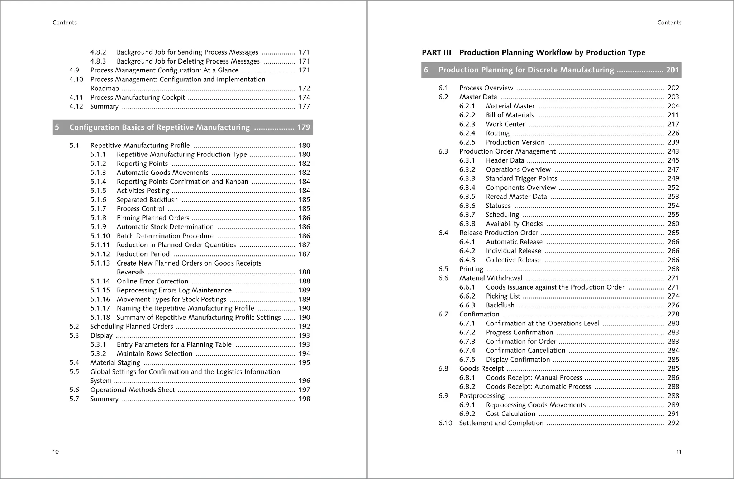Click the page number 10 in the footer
click(x=56, y=452)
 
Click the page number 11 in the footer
click(x=678, y=452)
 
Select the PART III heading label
click(x=436, y=53)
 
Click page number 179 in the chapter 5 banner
click(x=304, y=127)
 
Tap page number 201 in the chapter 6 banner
click(x=672, y=70)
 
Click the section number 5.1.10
click(x=100, y=236)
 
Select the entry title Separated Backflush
click(x=147, y=200)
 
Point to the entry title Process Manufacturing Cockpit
click(x=138, y=98)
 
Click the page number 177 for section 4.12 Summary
click(x=304, y=107)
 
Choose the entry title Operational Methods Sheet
click(x=133, y=390)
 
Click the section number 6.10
click(x=445, y=423)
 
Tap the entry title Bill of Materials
click(x=510, y=115)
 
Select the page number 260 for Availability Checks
click(x=673, y=224)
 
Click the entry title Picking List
click(x=503, y=296)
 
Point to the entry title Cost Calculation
click(x=510, y=414)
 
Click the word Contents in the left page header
click(x=65, y=23)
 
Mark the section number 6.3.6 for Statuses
click(x=467, y=206)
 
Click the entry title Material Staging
click(x=115, y=363)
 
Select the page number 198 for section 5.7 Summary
click(x=304, y=399)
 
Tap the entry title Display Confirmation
click(x=518, y=360)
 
